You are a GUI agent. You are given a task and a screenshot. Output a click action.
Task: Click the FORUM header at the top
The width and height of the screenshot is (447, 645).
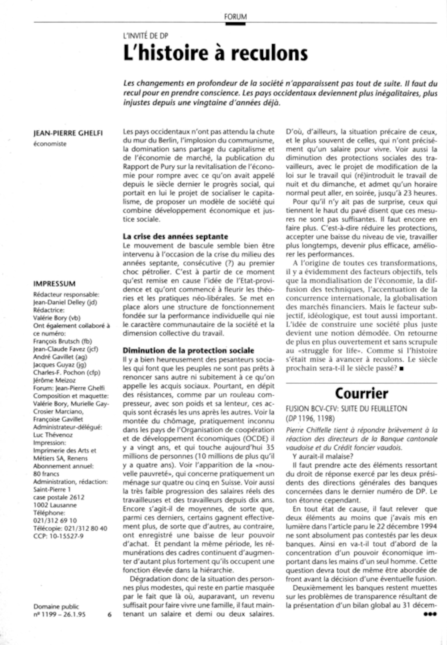click(x=235, y=17)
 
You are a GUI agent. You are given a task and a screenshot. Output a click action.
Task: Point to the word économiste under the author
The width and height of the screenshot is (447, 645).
click(x=50, y=144)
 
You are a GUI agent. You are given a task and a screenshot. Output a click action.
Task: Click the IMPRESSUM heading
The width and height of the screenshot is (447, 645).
click(x=54, y=284)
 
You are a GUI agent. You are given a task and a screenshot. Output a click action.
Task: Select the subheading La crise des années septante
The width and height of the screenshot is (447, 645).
click(x=175, y=236)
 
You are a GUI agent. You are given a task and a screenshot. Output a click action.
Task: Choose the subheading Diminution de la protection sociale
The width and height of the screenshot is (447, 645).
click(x=188, y=350)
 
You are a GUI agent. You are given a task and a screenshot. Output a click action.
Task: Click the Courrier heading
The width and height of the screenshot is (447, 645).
click(x=361, y=393)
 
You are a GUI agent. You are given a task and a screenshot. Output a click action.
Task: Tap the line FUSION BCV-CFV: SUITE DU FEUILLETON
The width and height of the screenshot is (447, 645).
click(x=346, y=409)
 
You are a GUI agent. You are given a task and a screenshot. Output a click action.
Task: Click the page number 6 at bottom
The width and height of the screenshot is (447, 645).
click(x=110, y=614)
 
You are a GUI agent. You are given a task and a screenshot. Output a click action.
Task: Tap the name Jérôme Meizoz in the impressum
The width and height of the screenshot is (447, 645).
click(x=54, y=380)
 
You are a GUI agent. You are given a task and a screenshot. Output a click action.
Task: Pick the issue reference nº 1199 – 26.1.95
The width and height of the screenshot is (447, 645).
click(x=59, y=614)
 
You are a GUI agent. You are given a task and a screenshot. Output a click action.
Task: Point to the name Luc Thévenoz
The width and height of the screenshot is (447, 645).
click(x=53, y=435)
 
